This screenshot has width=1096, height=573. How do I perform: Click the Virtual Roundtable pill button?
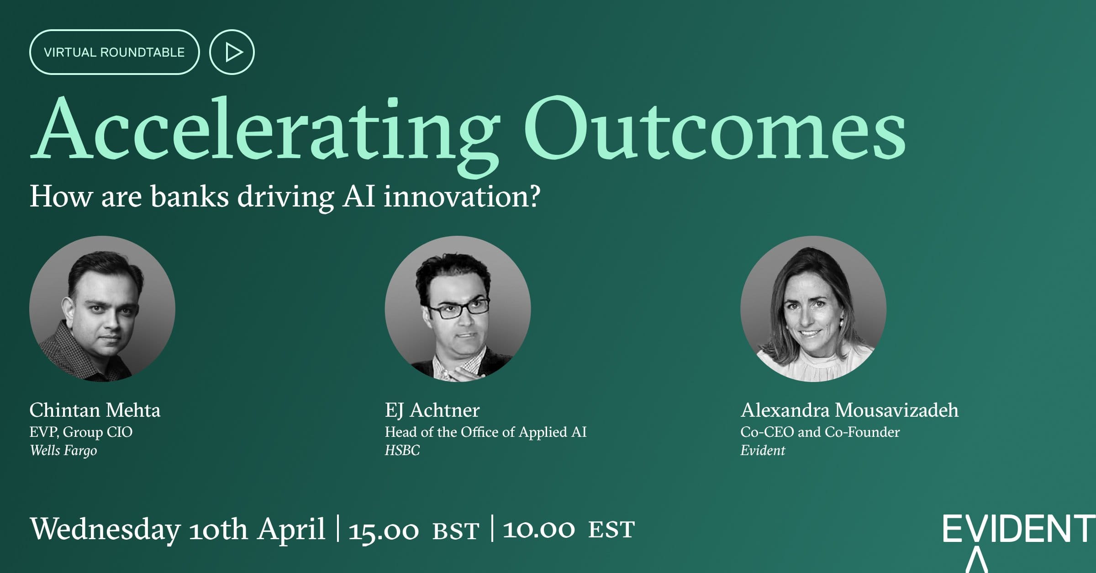(x=114, y=52)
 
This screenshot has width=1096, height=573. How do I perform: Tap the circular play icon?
(x=232, y=52)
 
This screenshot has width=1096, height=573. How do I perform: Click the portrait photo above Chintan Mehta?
(x=102, y=309)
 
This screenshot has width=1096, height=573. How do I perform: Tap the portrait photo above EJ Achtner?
(x=458, y=309)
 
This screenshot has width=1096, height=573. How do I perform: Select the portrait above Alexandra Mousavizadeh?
(x=813, y=309)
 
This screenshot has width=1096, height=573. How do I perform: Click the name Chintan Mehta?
(x=95, y=410)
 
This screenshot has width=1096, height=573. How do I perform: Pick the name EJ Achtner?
(x=432, y=410)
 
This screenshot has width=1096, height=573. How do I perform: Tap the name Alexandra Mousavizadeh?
(x=849, y=410)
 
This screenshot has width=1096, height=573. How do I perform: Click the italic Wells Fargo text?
(x=63, y=451)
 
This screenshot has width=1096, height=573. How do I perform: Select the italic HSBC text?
(x=402, y=451)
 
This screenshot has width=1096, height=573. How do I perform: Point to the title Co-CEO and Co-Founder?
(x=820, y=432)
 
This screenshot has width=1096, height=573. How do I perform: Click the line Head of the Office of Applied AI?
(x=485, y=432)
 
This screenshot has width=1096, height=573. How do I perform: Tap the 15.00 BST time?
(x=414, y=530)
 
